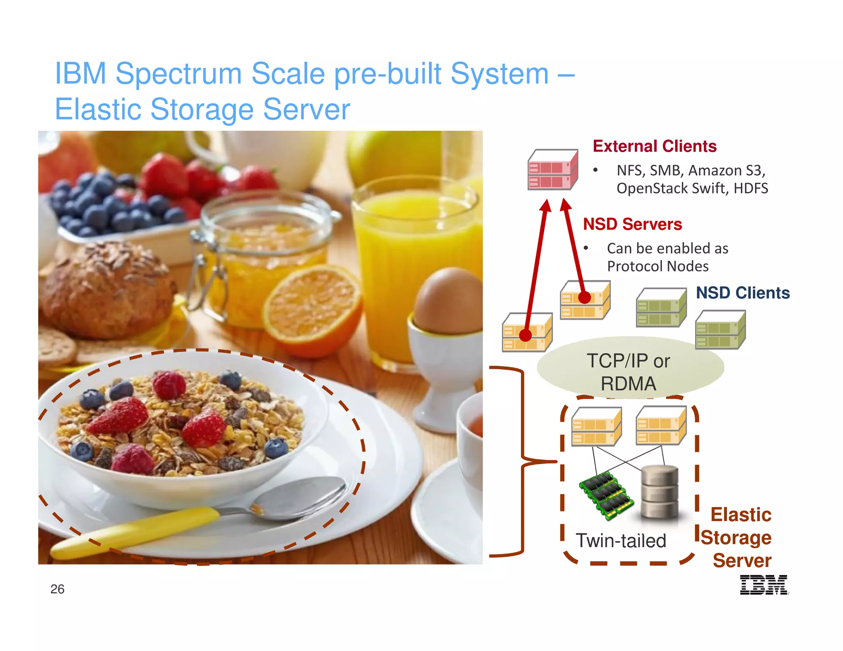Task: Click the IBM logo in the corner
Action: tap(764, 585)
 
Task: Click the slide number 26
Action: tap(57, 589)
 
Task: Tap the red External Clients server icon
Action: tap(552, 170)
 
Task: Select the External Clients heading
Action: tap(654, 146)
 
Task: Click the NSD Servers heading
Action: tap(632, 224)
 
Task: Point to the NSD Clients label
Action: tap(743, 293)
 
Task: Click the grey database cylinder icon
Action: tap(659, 492)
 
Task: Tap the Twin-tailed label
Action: tap(621, 541)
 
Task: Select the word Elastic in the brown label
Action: tap(741, 515)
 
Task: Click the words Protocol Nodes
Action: tap(658, 267)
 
